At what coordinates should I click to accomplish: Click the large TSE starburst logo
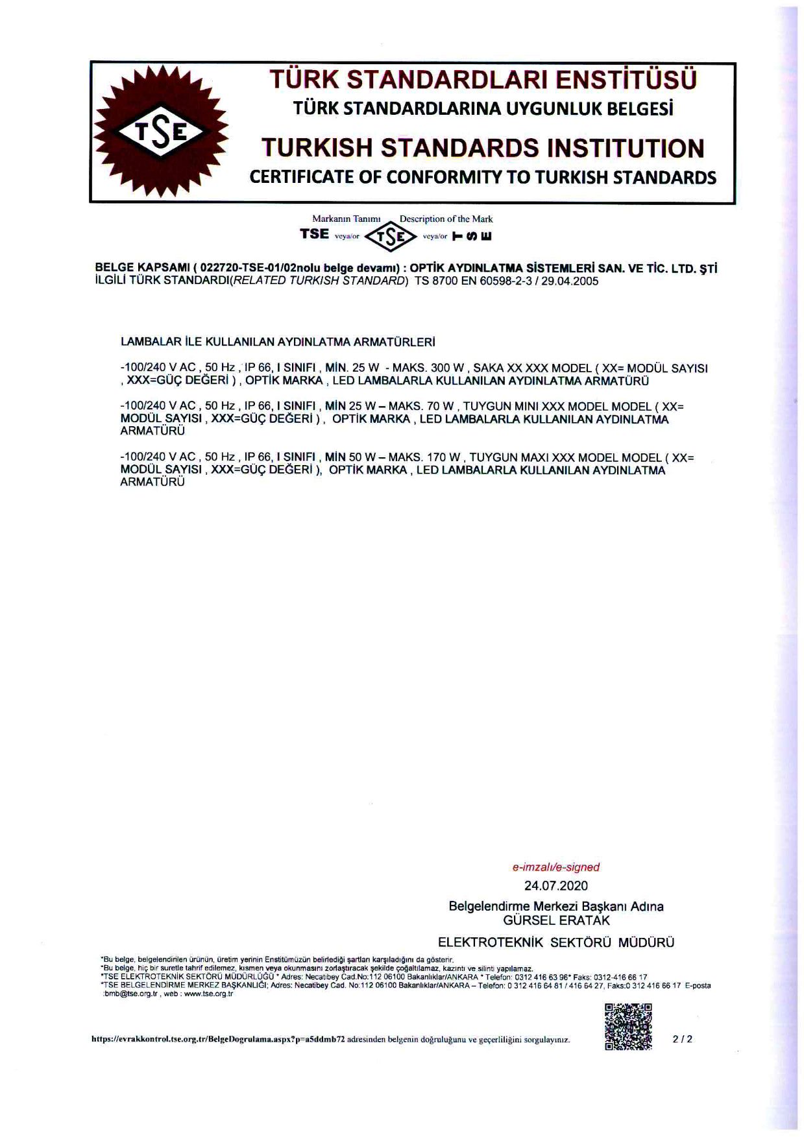tap(161, 132)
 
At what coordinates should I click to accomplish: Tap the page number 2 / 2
tap(683, 1038)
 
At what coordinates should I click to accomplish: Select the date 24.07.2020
tap(555, 885)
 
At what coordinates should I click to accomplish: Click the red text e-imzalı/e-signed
tap(555, 867)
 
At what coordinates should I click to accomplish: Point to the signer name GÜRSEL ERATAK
tap(556, 920)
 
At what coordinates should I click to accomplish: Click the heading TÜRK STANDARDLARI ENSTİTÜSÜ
tap(483, 80)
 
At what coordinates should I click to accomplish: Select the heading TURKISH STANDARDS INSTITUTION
tap(483, 149)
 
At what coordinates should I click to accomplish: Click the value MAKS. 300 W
tap(428, 368)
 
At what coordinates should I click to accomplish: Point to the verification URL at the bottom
tap(217, 1039)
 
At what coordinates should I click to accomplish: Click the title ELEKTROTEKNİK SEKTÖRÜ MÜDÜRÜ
tap(556, 942)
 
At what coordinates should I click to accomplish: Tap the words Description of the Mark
tap(446, 219)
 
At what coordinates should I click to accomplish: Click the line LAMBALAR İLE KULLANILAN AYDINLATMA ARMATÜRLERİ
tap(278, 341)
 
